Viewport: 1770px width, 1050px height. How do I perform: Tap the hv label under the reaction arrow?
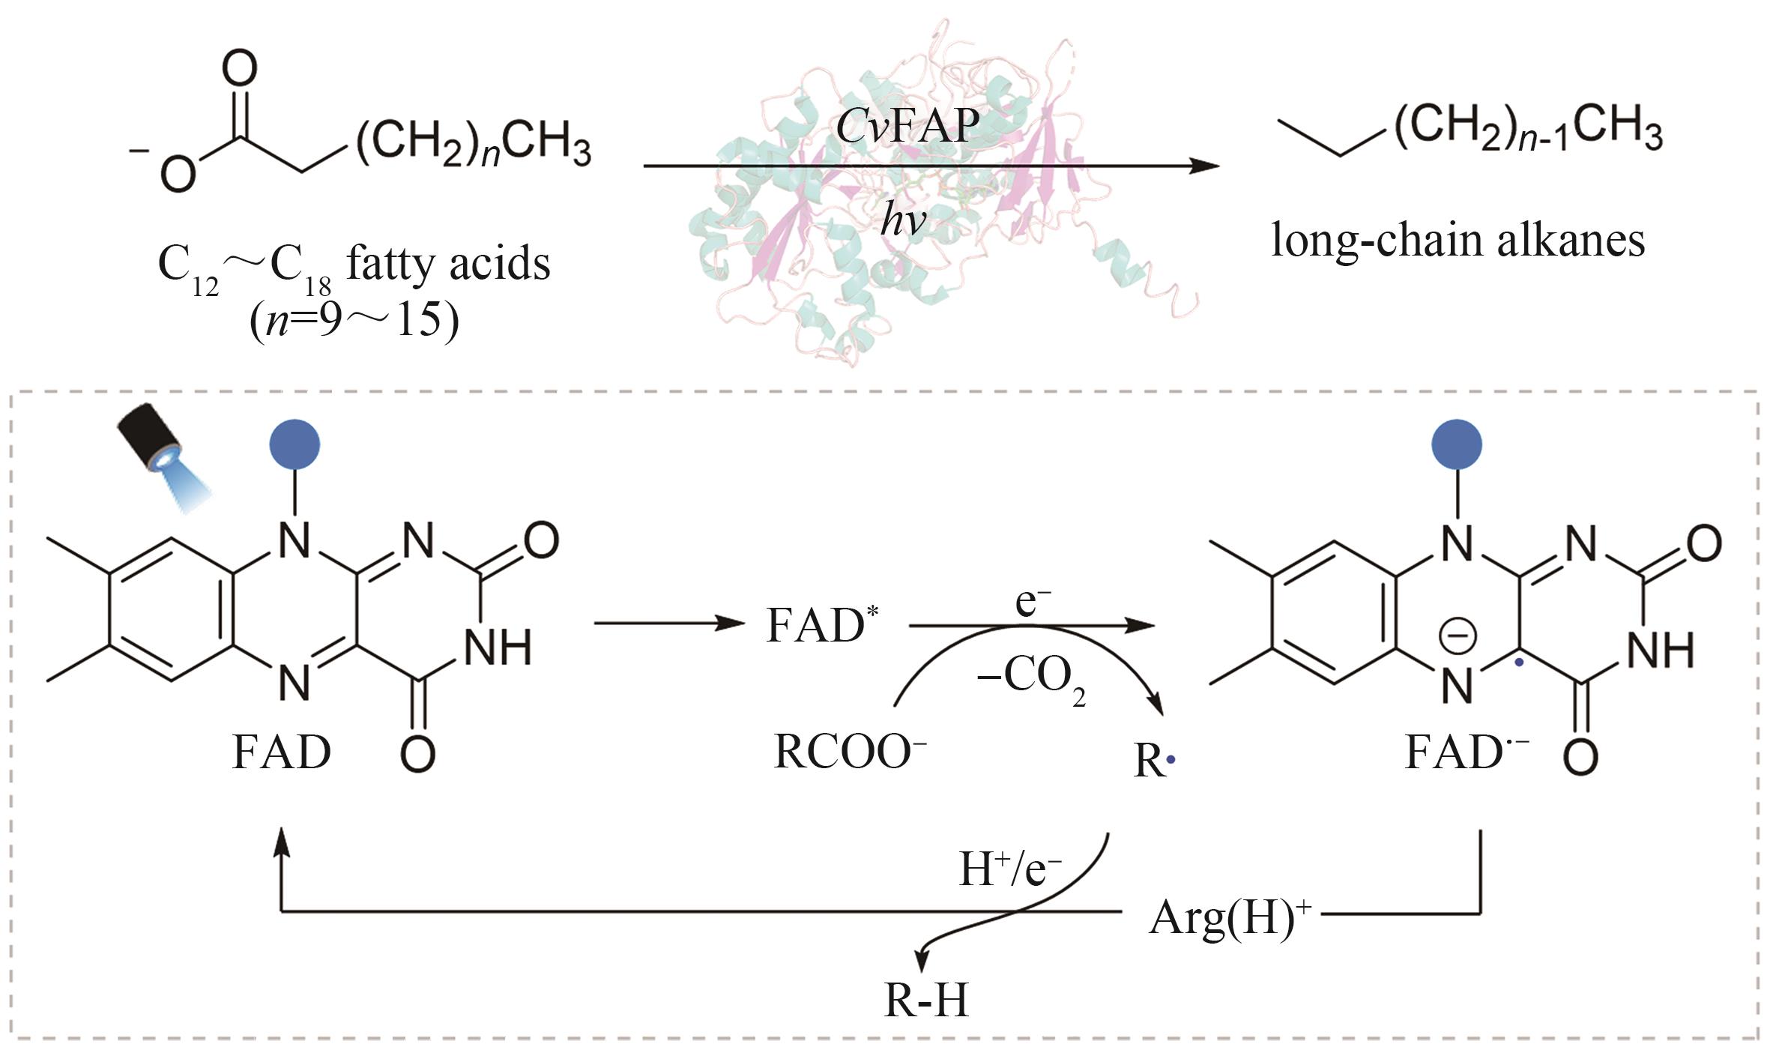click(x=903, y=220)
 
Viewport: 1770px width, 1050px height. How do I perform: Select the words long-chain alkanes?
click(x=1458, y=241)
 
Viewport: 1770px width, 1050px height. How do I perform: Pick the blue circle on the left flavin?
click(x=295, y=444)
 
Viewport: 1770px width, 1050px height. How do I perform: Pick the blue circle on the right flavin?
click(x=1456, y=444)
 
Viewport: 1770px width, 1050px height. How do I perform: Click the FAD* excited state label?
click(x=821, y=624)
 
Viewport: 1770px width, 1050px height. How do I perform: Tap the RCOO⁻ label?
click(x=849, y=751)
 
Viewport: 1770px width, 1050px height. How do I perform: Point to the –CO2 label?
click(x=1030, y=678)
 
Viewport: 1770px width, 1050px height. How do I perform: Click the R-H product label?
click(x=926, y=1000)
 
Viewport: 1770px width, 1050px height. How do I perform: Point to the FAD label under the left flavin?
click(x=281, y=751)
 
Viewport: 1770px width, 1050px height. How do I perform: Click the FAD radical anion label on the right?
click(x=1465, y=751)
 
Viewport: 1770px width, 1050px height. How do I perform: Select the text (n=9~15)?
click(x=354, y=321)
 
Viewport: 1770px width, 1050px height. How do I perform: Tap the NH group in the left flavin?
click(x=498, y=648)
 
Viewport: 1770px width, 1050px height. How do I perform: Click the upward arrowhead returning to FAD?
click(x=281, y=842)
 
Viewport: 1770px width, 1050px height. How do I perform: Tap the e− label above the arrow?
click(x=1032, y=601)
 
